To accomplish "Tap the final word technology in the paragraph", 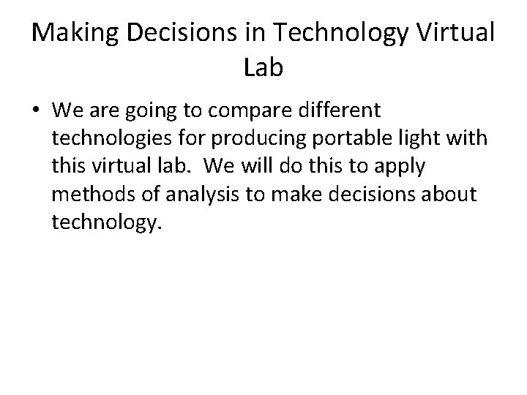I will click(x=105, y=222).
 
